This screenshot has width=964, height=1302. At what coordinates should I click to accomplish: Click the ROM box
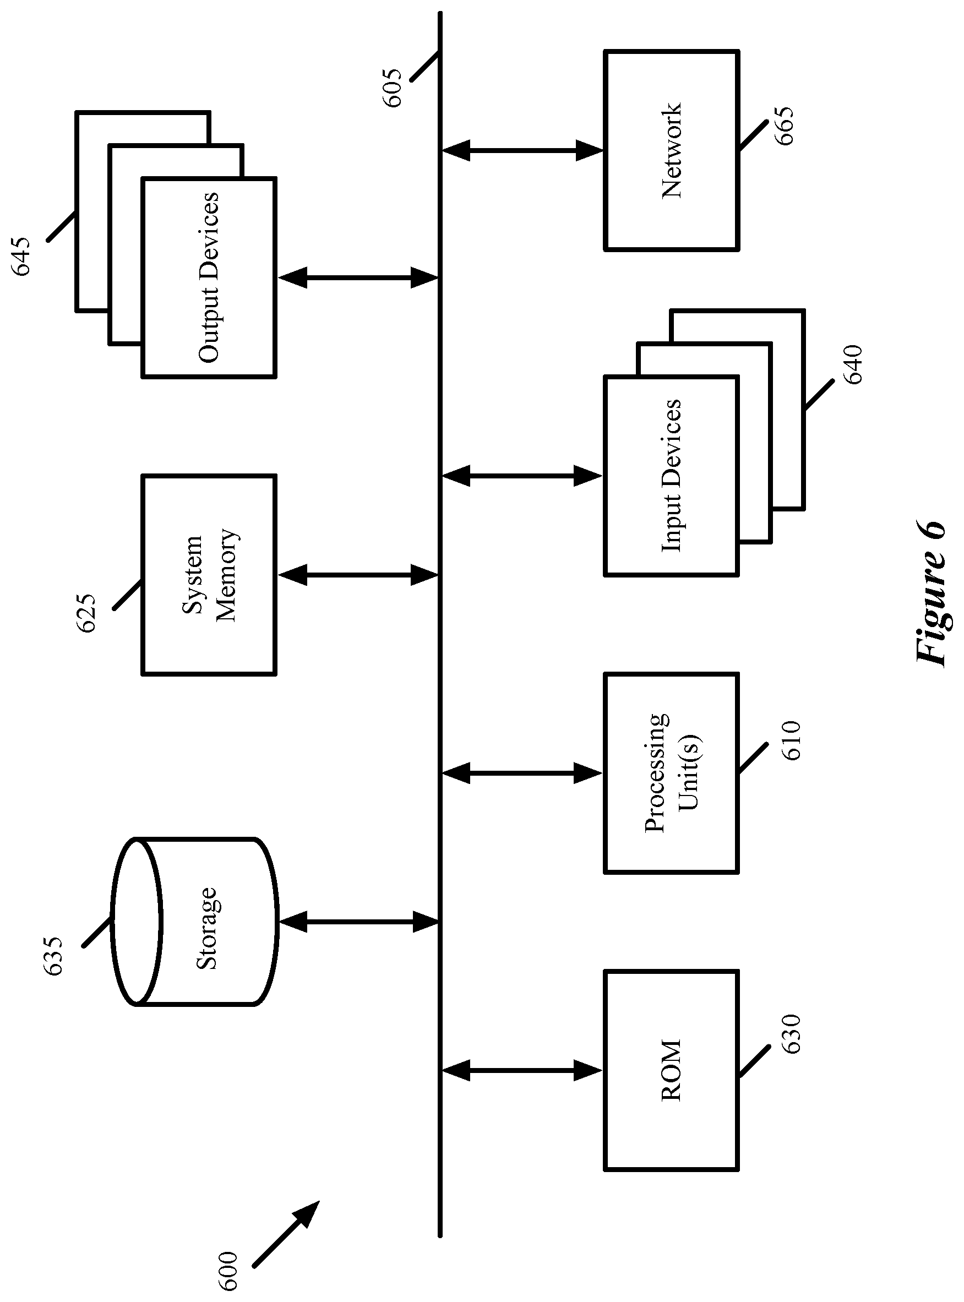[671, 1070]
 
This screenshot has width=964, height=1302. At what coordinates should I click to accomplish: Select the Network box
[671, 150]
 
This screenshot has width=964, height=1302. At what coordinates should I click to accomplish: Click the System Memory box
[208, 575]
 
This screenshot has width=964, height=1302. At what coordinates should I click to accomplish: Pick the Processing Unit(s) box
[671, 773]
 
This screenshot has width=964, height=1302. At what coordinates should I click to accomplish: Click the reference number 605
[393, 88]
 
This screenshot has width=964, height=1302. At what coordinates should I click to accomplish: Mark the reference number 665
[783, 126]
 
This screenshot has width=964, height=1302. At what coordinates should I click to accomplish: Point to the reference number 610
[791, 740]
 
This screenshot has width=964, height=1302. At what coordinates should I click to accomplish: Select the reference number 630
[791, 1033]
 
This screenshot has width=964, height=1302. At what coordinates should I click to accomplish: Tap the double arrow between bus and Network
[522, 150]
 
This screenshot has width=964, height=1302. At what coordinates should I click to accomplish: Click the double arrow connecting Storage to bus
[358, 922]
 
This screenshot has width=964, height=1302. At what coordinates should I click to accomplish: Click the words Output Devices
[208, 277]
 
